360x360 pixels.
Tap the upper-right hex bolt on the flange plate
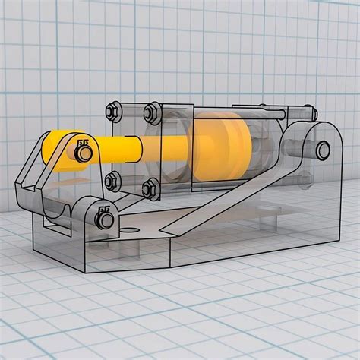(150, 114)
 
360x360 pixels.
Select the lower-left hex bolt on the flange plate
(113, 180)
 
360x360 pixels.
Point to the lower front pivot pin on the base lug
(104, 221)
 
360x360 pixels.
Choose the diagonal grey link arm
(228, 194)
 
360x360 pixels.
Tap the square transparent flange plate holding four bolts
(131, 148)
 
